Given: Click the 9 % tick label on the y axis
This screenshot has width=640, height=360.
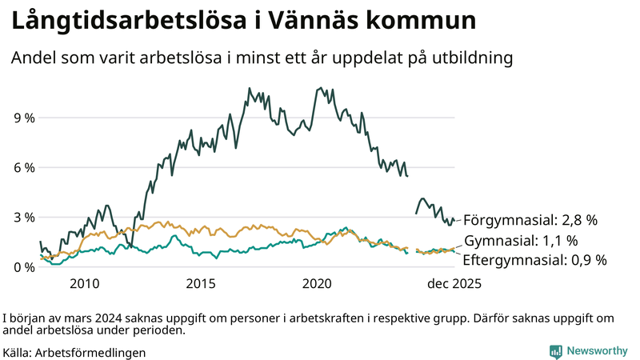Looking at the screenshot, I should (24, 118).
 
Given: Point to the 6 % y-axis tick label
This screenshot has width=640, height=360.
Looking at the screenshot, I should (24, 168).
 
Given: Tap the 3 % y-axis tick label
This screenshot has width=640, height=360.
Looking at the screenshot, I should (24, 218).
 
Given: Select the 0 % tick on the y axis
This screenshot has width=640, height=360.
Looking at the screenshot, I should (24, 267).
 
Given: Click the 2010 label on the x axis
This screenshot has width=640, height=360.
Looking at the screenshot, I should (85, 283).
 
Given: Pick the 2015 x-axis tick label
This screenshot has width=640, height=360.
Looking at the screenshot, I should (201, 283).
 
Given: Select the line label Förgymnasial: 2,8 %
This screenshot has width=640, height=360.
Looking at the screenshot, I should (530, 219).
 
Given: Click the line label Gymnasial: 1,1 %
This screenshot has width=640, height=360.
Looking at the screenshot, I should (521, 240).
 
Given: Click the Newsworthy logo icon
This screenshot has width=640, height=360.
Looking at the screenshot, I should (555, 351).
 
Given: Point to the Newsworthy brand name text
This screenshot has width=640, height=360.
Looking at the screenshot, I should (598, 351).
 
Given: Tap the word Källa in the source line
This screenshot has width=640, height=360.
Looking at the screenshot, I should (18, 352).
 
